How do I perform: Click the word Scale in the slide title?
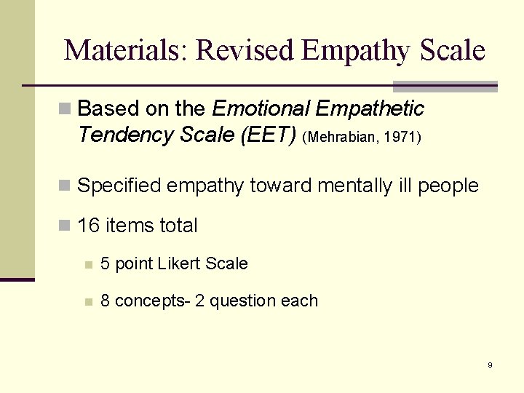(x=451, y=50)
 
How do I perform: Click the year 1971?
(x=401, y=136)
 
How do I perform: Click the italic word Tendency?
(x=116, y=135)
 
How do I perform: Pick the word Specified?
(x=119, y=186)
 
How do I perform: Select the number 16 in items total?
(x=88, y=226)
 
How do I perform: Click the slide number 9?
(x=490, y=365)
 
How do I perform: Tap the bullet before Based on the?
(x=65, y=109)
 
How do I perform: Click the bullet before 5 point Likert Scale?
(x=88, y=264)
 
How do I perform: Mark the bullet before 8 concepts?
(x=88, y=301)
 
